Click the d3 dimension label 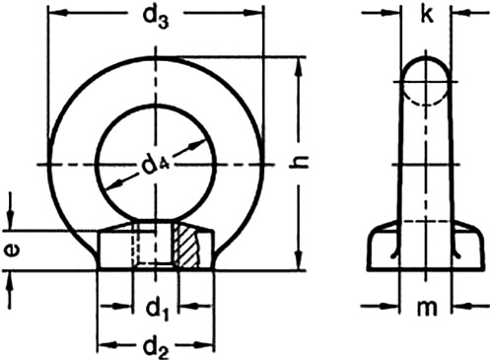(x=158, y=18)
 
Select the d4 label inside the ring (x=157, y=166)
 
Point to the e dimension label (x=13, y=250)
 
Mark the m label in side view (x=425, y=309)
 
